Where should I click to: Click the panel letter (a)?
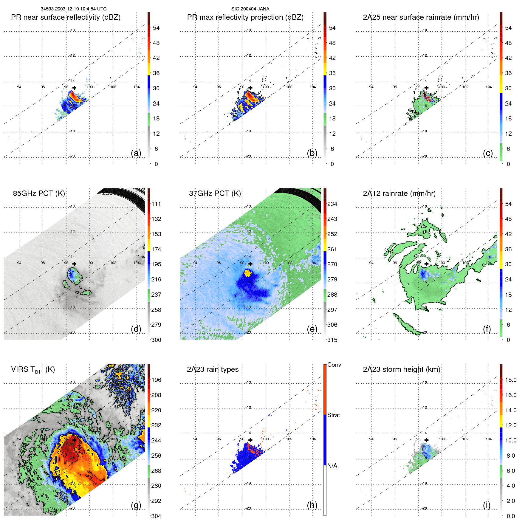click(x=136, y=153)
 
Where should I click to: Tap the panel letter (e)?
click(x=312, y=329)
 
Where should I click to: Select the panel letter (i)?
click(x=487, y=505)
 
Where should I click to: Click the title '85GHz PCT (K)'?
click(x=39, y=193)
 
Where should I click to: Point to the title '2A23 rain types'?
click(x=213, y=369)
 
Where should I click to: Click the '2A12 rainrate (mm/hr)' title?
click(x=399, y=193)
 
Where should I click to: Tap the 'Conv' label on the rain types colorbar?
click(x=334, y=365)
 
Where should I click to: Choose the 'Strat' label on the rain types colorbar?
click(x=333, y=415)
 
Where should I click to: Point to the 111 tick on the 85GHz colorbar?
click(x=156, y=204)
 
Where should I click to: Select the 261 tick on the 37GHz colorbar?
click(x=332, y=249)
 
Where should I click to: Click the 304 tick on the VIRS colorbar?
click(x=156, y=516)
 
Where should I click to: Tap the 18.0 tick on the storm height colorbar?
click(x=510, y=380)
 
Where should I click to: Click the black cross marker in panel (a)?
click(x=74, y=88)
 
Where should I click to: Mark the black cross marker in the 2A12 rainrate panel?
click(x=426, y=264)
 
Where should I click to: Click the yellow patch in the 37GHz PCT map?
click(x=248, y=273)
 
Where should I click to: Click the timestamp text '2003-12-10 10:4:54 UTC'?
click(x=80, y=9)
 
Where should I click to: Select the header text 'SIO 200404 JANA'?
click(x=250, y=9)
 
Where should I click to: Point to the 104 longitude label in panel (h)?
click(x=312, y=439)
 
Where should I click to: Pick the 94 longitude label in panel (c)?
click(x=371, y=87)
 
